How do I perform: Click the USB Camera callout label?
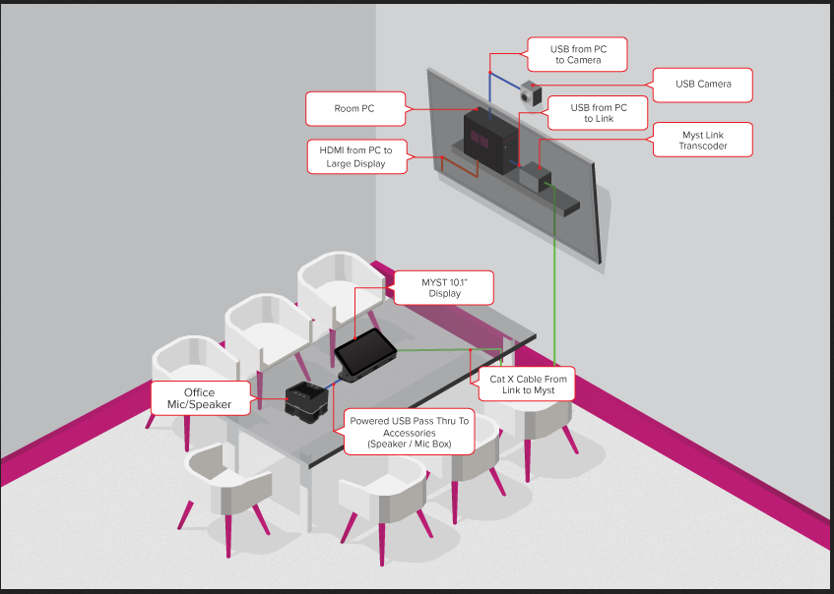click(x=703, y=85)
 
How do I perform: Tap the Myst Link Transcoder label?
click(x=703, y=140)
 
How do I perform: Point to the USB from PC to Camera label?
click(x=577, y=53)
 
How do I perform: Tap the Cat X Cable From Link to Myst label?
click(x=522, y=384)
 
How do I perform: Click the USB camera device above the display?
click(x=532, y=95)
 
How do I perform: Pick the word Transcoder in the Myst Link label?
click(x=703, y=147)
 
